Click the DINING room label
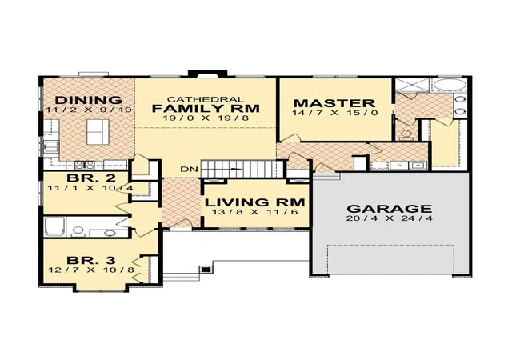coord(89,100)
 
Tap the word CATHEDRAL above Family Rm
coord(206,99)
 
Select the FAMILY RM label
coord(206,108)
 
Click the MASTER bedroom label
coord(334,103)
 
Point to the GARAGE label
coord(390,209)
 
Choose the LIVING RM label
coord(254,202)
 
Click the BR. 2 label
coord(91,178)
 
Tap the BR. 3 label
coord(91,260)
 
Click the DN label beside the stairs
coord(190,170)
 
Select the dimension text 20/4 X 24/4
coord(390,218)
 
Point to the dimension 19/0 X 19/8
coord(206,118)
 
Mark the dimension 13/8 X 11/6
coord(254,212)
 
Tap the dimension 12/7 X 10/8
coord(91,270)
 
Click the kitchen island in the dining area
coord(98,132)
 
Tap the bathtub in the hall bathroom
coord(55,226)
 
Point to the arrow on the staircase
coord(237,169)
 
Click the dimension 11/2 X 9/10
coord(89,110)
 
